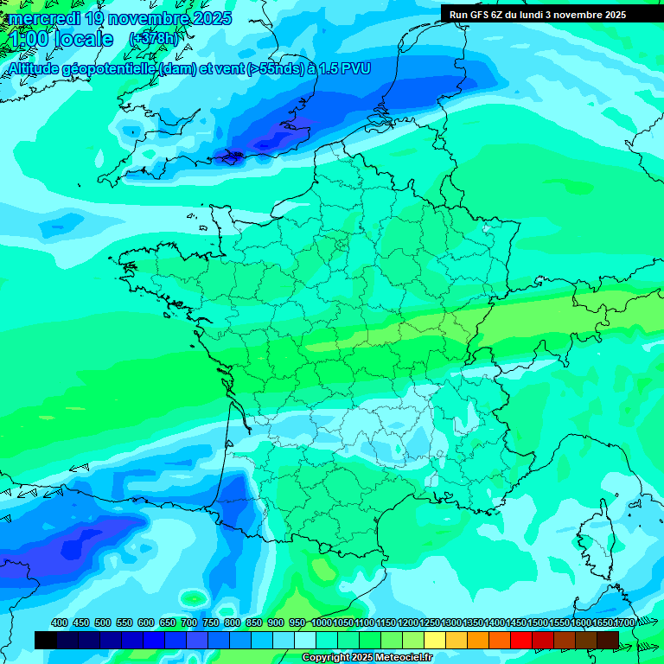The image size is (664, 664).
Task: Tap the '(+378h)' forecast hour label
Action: [153, 39]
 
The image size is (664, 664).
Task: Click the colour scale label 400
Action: [60, 622]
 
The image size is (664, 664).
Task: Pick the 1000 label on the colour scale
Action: [322, 622]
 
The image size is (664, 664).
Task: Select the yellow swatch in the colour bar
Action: [435, 640]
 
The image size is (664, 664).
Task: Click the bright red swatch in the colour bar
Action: [521, 640]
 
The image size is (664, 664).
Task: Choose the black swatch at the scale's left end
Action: [46, 640]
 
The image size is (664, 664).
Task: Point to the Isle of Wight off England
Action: [233, 156]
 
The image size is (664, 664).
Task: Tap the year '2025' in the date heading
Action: [207, 18]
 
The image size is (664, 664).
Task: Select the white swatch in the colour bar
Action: [305, 640]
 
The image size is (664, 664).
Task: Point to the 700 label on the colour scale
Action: [188, 622]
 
